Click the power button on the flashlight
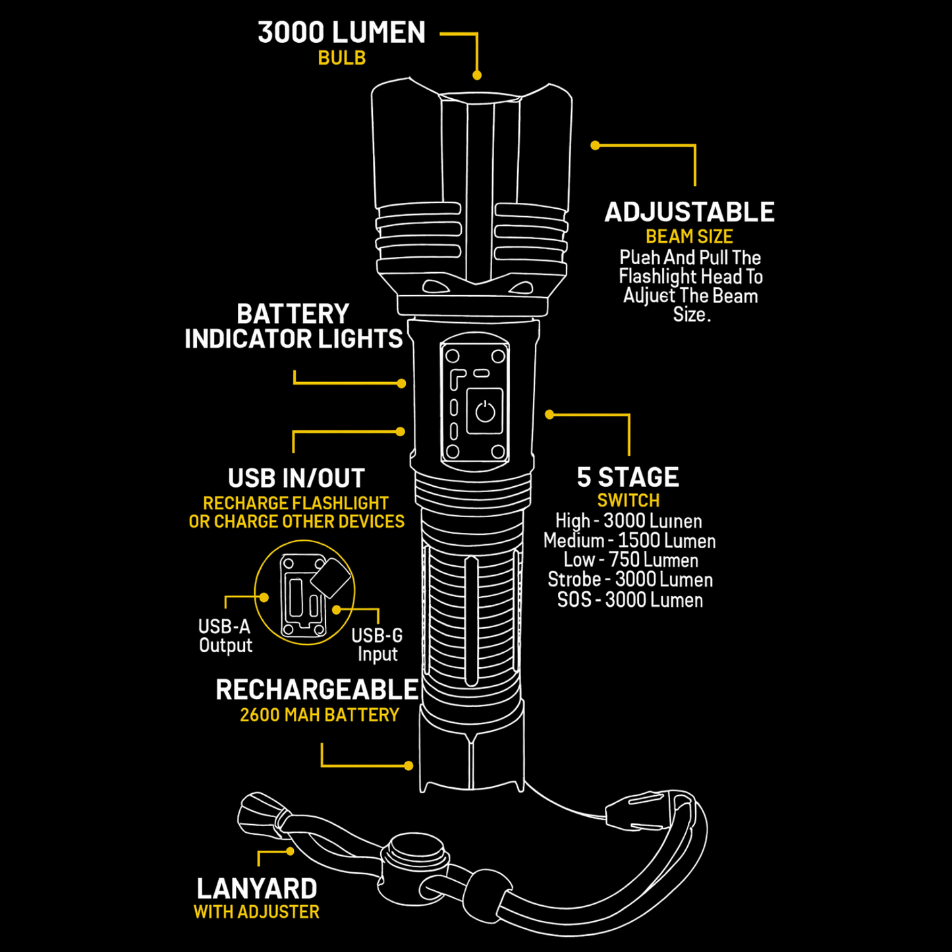click(x=485, y=412)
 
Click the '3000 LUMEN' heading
click(x=341, y=32)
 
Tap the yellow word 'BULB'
click(x=341, y=58)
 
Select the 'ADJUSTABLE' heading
click(x=689, y=212)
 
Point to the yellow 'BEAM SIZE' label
click(x=689, y=237)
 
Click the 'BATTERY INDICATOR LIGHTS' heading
click(x=293, y=326)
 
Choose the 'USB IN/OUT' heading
click(x=296, y=478)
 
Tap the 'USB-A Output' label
click(x=225, y=636)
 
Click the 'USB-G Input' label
click(x=377, y=645)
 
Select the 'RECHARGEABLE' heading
click(x=317, y=690)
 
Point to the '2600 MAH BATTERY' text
click(x=320, y=715)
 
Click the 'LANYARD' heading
click(x=257, y=889)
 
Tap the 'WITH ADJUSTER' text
click(x=256, y=912)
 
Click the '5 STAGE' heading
click(x=628, y=477)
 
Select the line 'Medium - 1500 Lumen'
click(x=629, y=541)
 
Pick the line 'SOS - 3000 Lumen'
click(x=630, y=600)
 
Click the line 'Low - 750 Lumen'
click(x=630, y=561)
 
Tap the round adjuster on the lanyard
click(x=416, y=857)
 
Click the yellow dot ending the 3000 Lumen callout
click(x=477, y=75)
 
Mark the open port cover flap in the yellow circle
click(x=331, y=578)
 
